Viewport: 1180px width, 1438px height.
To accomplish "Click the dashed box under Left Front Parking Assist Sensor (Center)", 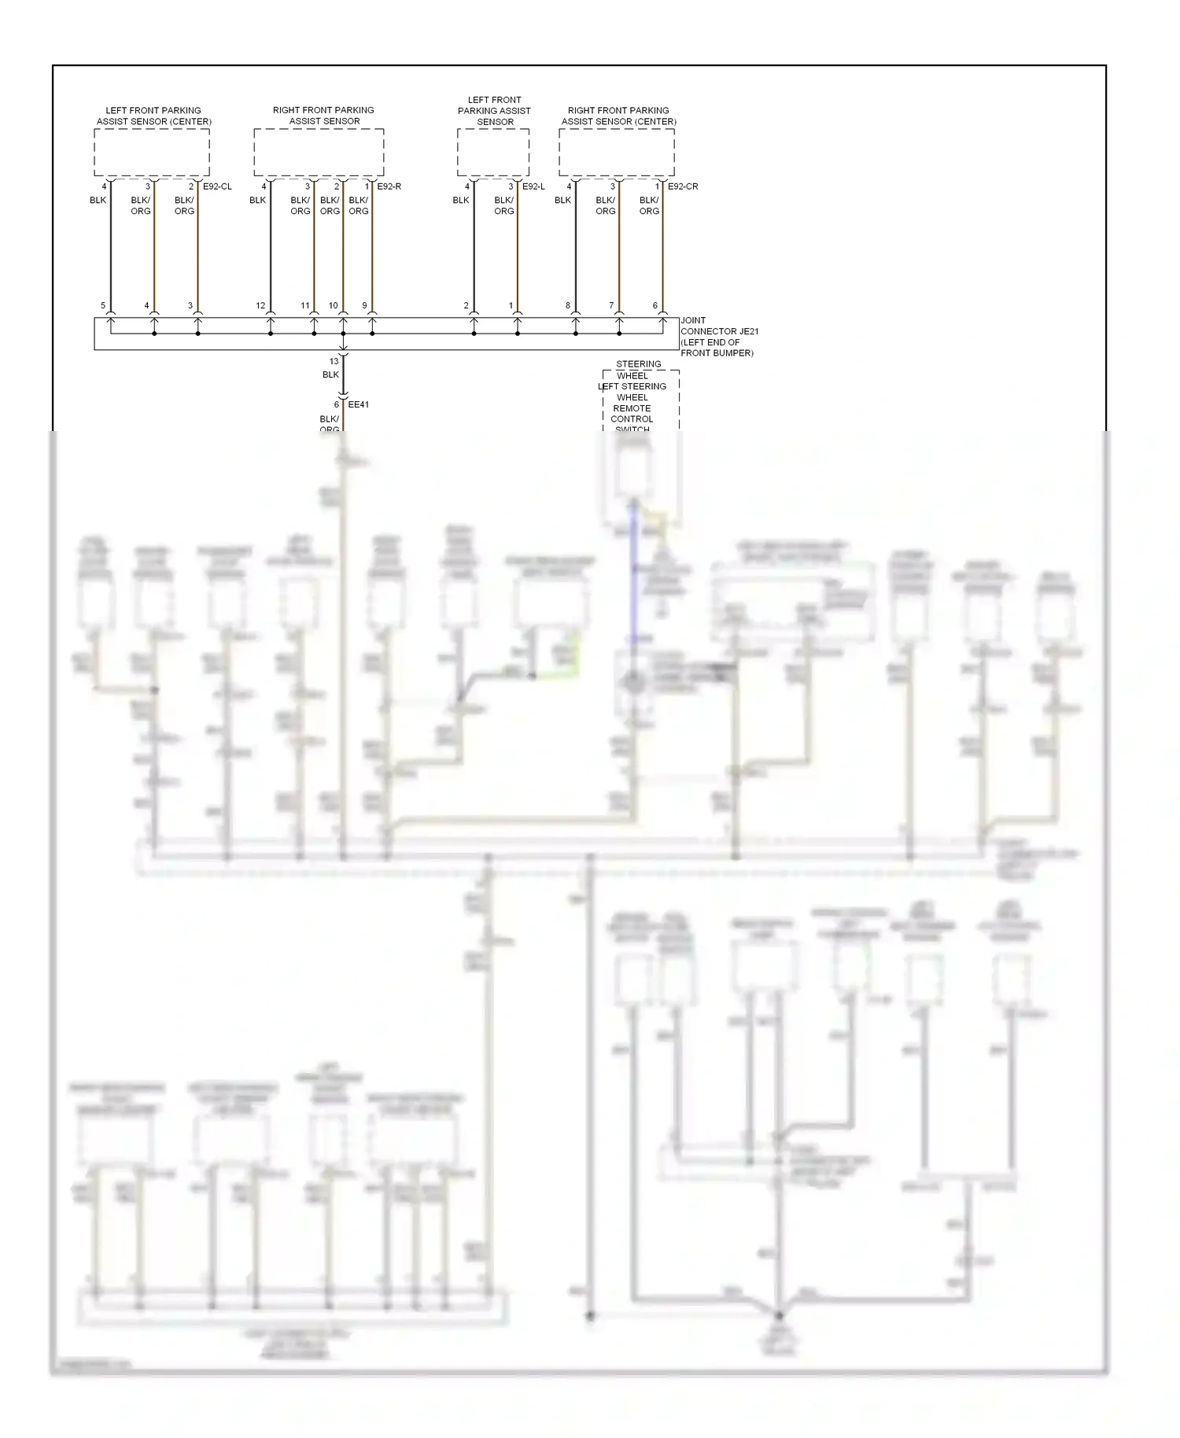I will [x=152, y=153].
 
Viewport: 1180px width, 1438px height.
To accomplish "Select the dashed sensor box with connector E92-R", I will [x=319, y=153].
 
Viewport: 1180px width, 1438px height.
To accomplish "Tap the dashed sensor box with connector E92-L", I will [x=493, y=153].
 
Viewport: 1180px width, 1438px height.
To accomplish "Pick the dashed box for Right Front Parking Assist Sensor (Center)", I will [x=617, y=153].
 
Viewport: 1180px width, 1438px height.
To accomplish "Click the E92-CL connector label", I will [x=217, y=186].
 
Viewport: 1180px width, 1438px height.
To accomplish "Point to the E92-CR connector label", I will [x=682, y=186].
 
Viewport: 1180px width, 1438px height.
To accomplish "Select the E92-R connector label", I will [x=389, y=186].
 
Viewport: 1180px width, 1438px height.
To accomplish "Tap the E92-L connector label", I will [x=533, y=186].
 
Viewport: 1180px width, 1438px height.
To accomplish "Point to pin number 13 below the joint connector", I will [x=334, y=362].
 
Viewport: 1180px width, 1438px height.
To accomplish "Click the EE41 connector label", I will [x=358, y=404].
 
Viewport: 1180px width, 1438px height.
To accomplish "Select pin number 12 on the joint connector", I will [x=260, y=306].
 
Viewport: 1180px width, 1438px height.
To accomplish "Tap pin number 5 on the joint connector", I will [x=103, y=306].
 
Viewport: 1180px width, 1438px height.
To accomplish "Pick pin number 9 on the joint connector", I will [x=364, y=306].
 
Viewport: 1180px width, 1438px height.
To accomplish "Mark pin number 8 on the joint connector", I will [x=568, y=306].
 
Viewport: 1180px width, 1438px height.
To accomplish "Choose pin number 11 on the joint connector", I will [x=305, y=306].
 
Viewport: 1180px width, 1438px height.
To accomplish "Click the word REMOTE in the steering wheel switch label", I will [x=632, y=408].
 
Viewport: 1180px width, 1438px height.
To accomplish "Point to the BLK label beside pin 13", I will [x=330, y=374].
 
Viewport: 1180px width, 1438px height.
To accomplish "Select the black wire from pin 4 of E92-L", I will [x=474, y=252].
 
